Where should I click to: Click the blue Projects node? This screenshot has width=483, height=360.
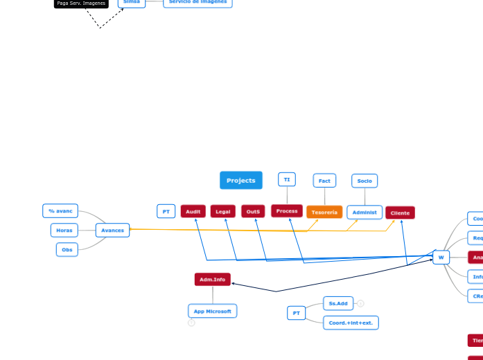click(x=240, y=180)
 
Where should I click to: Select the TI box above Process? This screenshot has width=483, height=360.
click(x=286, y=179)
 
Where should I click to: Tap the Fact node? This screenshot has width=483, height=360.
click(x=324, y=181)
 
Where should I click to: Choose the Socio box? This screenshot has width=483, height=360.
click(x=365, y=181)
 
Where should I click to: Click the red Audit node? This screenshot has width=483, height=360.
click(x=193, y=211)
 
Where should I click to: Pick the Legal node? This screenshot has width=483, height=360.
click(x=222, y=211)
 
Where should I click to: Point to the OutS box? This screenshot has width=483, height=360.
click(x=253, y=211)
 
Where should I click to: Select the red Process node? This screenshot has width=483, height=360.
click(x=286, y=210)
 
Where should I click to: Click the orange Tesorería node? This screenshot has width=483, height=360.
click(x=324, y=212)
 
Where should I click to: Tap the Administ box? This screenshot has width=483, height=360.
click(x=365, y=212)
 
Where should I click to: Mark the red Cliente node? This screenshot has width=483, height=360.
click(x=400, y=213)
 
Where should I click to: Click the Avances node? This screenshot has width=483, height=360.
click(x=112, y=230)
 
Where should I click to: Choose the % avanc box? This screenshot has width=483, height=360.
click(x=60, y=210)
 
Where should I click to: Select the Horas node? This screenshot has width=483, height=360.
click(x=64, y=230)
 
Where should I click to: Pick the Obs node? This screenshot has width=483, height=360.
click(x=67, y=249)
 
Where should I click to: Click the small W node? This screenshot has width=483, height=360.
click(x=441, y=258)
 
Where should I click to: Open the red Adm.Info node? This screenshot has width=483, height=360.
click(x=212, y=280)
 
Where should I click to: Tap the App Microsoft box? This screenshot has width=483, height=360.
click(x=212, y=312)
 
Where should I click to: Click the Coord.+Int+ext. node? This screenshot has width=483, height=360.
click(x=350, y=323)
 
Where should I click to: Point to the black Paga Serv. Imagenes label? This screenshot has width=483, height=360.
click(x=81, y=3)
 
